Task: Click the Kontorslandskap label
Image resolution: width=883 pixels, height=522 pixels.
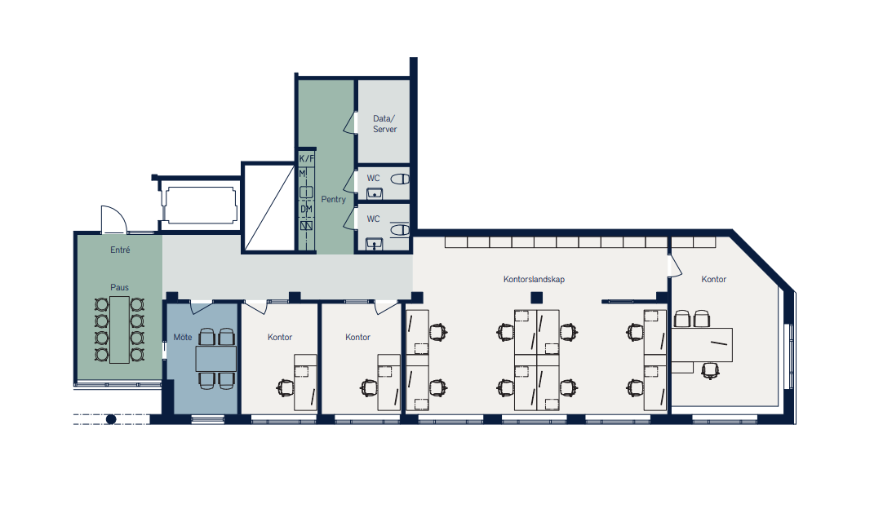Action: coord(534,279)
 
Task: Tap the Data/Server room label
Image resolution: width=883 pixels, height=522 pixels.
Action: coord(384,124)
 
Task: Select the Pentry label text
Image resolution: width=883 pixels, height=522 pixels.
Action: coord(334,199)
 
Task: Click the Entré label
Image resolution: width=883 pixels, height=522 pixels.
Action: coord(120,250)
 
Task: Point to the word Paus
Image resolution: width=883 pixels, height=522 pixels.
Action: coord(119,287)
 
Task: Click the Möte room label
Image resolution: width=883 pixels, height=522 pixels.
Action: coord(183,338)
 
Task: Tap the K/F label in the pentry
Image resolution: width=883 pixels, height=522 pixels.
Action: coord(306,158)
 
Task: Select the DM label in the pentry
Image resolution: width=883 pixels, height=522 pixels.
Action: coord(306,209)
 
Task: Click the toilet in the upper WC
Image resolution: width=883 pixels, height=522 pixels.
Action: coord(401,179)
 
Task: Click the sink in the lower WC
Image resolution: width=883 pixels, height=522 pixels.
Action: coord(375,245)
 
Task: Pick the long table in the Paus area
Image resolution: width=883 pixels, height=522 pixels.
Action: coord(119,330)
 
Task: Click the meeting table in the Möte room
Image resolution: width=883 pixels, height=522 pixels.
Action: coord(215,359)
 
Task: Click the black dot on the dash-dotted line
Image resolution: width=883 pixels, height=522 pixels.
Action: coord(111,419)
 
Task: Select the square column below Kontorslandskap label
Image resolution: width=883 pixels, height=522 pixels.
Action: coord(537,298)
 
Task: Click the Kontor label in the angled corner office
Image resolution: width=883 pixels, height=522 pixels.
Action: coord(713,279)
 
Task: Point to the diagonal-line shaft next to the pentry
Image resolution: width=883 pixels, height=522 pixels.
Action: coord(269,208)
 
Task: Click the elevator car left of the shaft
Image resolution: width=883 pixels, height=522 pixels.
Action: coord(199,205)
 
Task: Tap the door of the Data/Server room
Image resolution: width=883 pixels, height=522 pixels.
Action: coord(350,122)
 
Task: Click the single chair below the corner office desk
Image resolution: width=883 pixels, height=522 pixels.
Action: coord(711,370)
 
